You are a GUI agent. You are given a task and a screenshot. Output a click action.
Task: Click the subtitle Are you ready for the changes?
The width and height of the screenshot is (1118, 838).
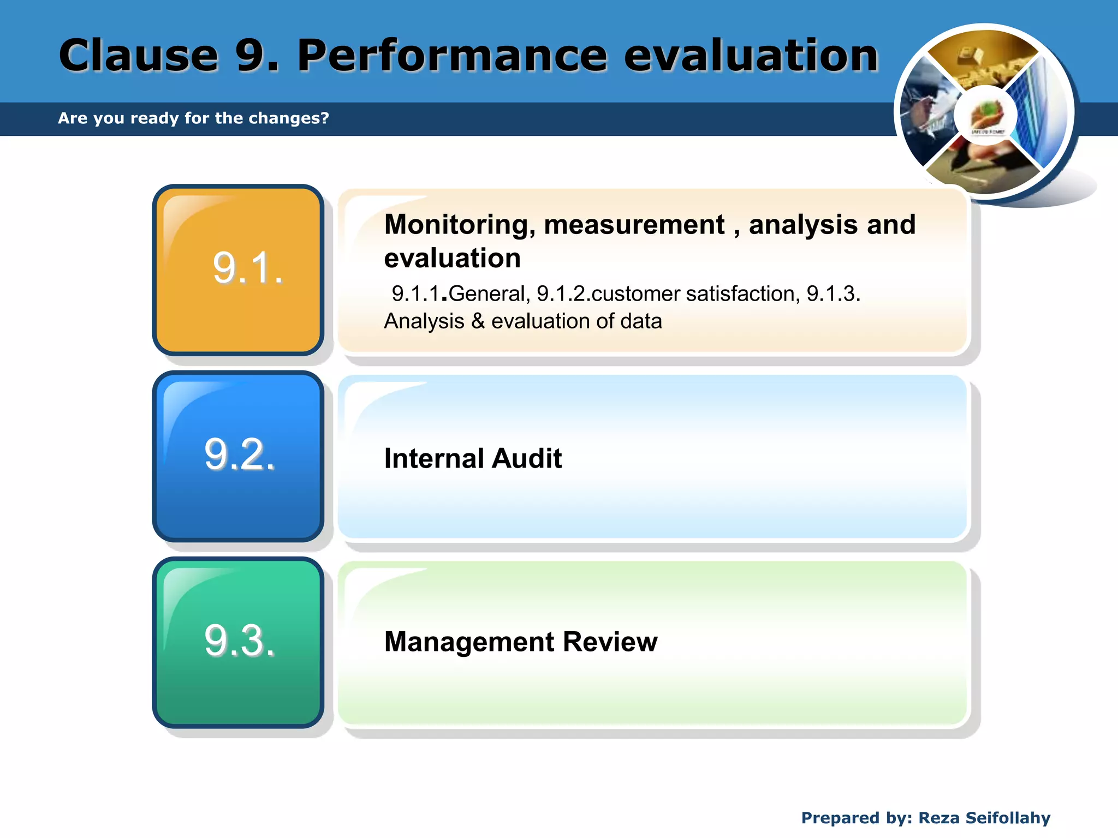[x=193, y=118]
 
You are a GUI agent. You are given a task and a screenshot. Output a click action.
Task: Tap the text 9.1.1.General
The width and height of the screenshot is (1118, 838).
[x=459, y=294]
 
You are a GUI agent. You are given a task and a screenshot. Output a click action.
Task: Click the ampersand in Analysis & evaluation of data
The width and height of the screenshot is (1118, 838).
[x=478, y=321]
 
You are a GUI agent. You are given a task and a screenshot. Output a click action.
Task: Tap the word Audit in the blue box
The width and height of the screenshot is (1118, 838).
[x=526, y=458]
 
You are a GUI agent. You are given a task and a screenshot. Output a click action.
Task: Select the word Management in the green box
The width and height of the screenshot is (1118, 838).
[x=469, y=642]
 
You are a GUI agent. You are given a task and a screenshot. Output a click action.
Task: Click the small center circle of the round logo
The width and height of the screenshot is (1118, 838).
[x=986, y=116]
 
